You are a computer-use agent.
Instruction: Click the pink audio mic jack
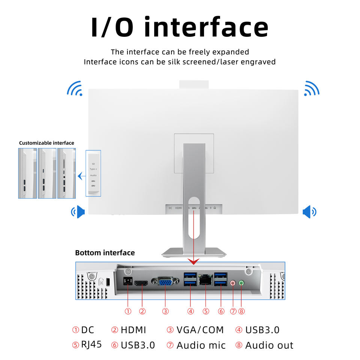coord(233,283)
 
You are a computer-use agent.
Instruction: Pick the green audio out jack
coord(241,283)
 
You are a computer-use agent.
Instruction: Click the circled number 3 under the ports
coord(165,311)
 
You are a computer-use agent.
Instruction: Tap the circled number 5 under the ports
coord(205,311)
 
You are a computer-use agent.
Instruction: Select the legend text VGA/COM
coord(200,330)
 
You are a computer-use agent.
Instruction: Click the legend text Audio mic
coord(201,345)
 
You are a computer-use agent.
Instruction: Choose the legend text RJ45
coord(91,345)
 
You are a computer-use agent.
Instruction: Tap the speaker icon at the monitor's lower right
coord(309,212)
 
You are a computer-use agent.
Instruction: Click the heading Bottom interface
coord(105,253)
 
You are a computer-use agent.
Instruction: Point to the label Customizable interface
coord(46,143)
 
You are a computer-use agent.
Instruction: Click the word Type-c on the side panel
coord(93,169)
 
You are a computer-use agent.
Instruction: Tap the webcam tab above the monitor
coord(193,85)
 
